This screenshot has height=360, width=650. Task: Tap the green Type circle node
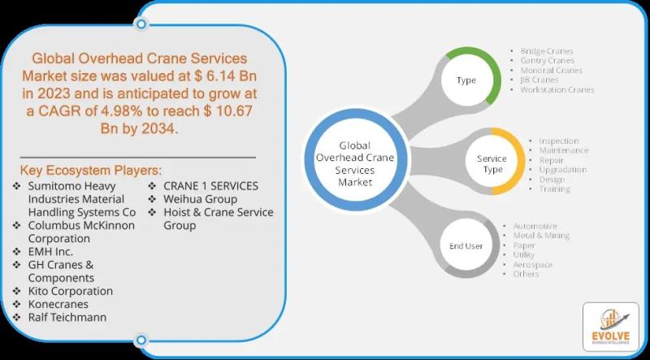coord(466,80)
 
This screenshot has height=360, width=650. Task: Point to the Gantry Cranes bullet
coord(547,60)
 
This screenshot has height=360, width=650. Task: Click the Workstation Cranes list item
coord(557,89)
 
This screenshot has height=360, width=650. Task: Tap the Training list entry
coord(555,189)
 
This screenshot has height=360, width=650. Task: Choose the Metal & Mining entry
coord(540,236)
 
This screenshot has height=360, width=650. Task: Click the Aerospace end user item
coord(532,265)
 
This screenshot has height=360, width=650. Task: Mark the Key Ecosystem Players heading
coord(91,171)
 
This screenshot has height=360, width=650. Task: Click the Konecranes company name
coord(58,304)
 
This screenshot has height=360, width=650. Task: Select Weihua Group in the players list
coord(201,199)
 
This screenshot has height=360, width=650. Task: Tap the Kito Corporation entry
coord(70,291)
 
